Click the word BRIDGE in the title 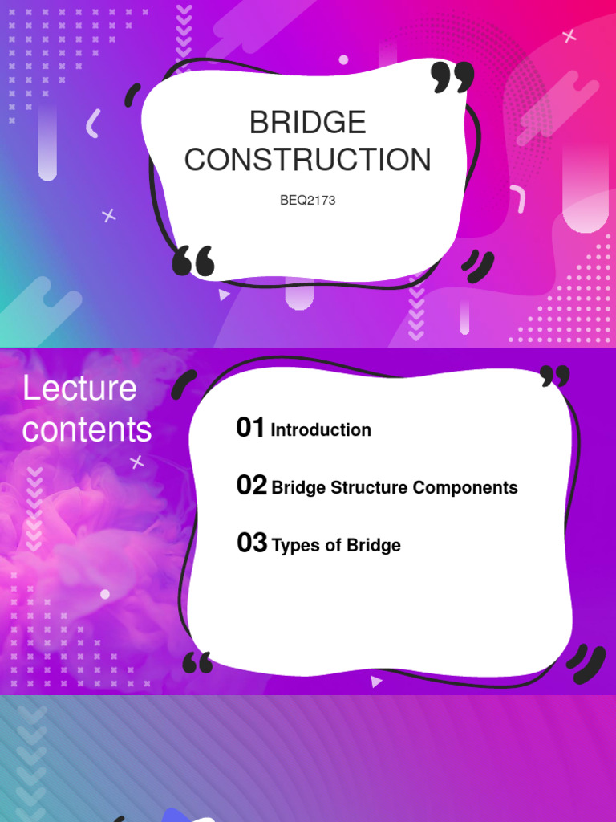point(307,123)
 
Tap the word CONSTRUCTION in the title point(307,160)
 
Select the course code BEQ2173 point(307,201)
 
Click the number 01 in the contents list point(250,428)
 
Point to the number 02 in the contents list point(251,486)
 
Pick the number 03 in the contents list point(251,543)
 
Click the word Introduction point(321,430)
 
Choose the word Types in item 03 point(294,546)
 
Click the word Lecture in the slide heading point(79,389)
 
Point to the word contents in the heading point(87,429)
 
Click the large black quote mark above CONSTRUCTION point(452,77)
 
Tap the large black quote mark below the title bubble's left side point(194,262)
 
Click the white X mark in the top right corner point(569,35)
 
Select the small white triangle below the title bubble point(224,295)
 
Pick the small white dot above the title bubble point(343,59)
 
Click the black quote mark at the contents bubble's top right point(554,376)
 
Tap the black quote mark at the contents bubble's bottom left point(197,662)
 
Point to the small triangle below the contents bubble point(376,682)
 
